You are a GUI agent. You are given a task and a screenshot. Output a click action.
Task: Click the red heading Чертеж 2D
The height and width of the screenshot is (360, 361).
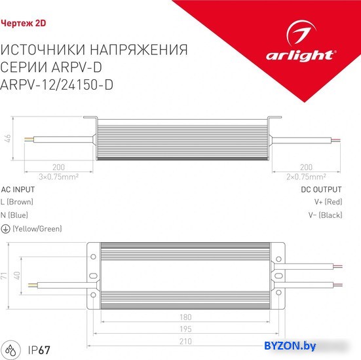(24, 23)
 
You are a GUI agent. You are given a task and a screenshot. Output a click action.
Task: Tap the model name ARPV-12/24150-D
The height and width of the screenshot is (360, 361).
(56, 84)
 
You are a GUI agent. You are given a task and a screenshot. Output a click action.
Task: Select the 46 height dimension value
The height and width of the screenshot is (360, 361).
(8, 139)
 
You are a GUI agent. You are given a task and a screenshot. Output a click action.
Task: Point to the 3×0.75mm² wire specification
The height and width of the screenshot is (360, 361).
(59, 177)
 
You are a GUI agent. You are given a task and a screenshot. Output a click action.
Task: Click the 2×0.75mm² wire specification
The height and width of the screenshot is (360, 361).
(306, 177)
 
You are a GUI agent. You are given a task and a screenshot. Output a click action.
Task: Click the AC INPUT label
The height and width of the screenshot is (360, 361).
(18, 190)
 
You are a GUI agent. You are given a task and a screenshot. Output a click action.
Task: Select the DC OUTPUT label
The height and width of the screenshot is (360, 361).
(322, 190)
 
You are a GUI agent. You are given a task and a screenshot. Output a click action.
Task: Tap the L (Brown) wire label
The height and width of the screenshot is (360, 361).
(17, 202)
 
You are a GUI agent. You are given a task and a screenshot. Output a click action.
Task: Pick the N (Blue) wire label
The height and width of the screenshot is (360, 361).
(14, 215)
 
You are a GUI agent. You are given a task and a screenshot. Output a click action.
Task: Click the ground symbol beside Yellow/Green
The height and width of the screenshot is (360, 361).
(5, 229)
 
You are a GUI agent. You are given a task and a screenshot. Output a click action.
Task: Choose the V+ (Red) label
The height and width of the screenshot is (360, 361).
(328, 202)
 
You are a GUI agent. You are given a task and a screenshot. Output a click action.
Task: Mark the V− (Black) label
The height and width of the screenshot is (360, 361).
(326, 215)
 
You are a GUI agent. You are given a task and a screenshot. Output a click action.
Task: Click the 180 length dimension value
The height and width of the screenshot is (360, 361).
(185, 317)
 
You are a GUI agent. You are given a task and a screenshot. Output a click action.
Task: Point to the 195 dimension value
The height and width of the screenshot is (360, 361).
(185, 329)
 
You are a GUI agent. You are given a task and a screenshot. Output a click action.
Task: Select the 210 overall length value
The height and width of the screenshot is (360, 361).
(185, 342)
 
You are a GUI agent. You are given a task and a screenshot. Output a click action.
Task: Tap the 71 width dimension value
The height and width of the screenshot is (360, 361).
(4, 276)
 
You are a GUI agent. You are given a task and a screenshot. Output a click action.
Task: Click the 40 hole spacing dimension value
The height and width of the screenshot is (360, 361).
(17, 276)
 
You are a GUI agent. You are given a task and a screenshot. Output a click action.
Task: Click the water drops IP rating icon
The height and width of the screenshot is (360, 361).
(11, 350)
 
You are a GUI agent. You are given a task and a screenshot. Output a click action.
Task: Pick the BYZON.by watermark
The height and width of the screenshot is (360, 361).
(290, 346)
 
